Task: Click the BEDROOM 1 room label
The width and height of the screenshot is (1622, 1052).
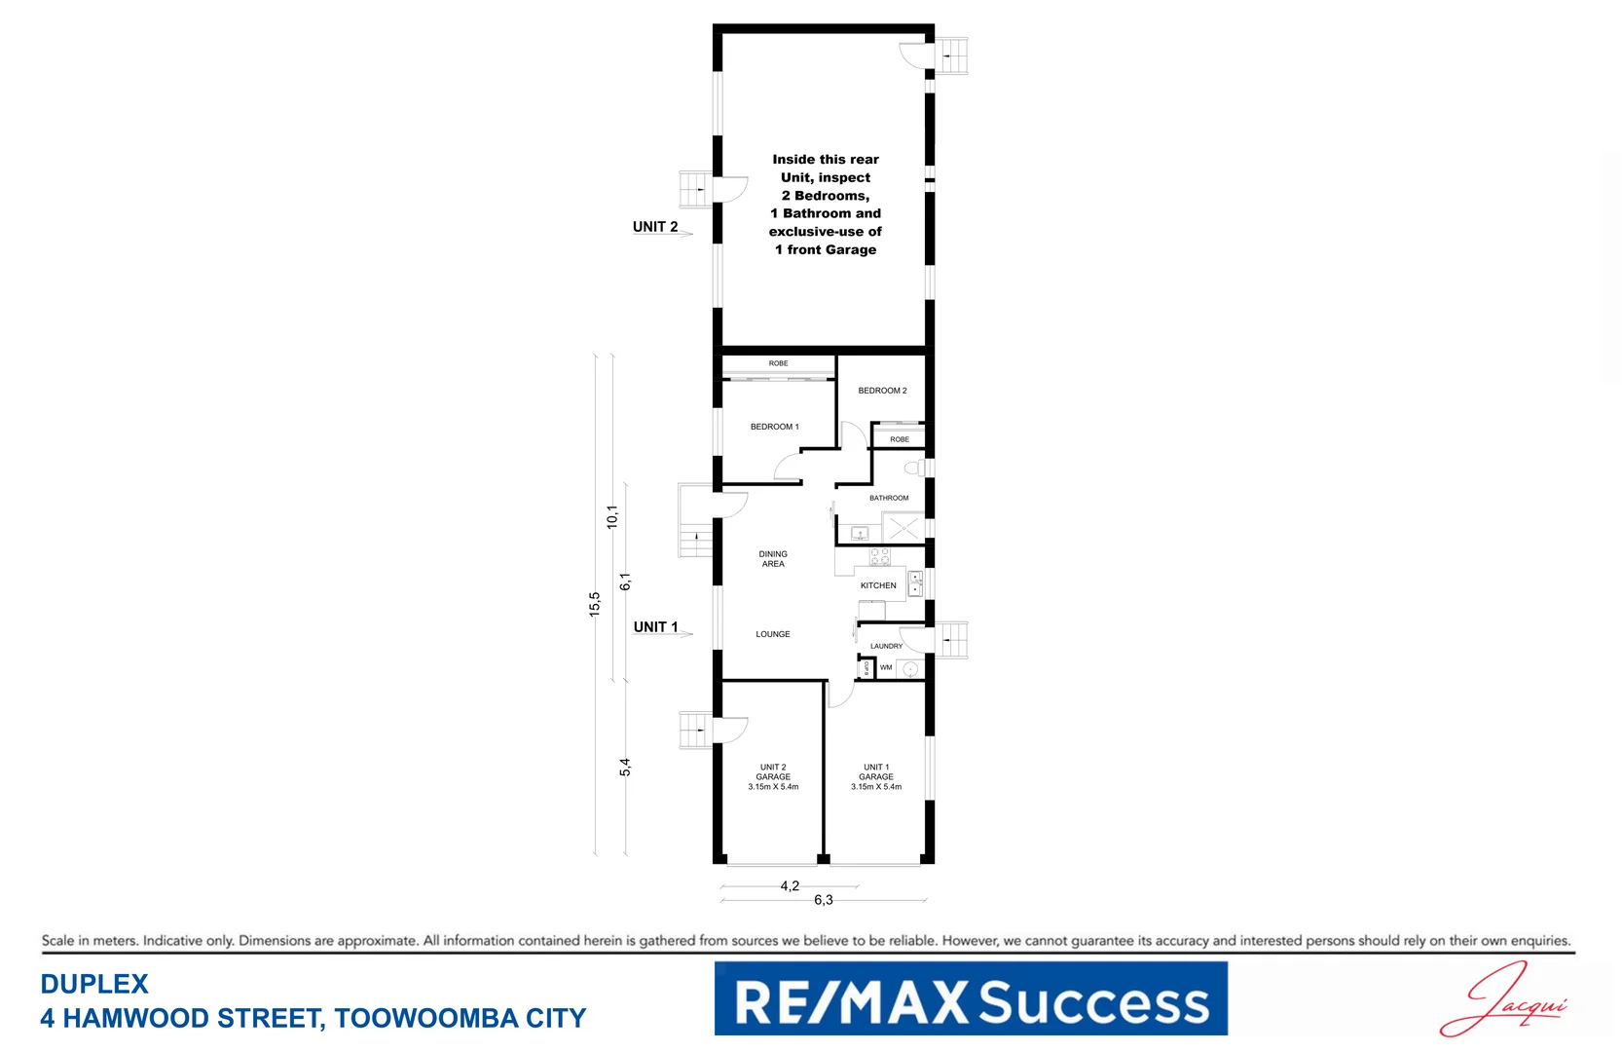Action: click(774, 427)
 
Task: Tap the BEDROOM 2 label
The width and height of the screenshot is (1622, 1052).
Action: click(882, 391)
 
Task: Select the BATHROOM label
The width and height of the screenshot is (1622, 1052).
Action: click(889, 498)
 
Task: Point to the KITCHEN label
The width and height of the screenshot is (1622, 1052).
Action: click(878, 585)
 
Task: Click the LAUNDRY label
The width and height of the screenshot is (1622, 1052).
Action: click(886, 646)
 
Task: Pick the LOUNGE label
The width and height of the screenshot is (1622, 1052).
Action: click(773, 634)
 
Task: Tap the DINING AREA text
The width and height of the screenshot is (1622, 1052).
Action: click(773, 559)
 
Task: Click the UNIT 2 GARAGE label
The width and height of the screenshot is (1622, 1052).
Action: click(773, 777)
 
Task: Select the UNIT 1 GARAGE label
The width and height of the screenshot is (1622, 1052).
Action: click(876, 777)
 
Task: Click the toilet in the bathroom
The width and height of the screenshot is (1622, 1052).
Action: click(915, 469)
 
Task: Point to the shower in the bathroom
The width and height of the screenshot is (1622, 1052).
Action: click(903, 529)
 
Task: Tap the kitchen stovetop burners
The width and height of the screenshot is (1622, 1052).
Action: click(879, 557)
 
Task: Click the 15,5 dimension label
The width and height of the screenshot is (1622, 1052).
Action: click(595, 604)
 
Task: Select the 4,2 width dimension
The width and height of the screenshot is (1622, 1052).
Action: click(790, 885)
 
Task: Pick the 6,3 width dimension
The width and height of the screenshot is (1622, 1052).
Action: click(824, 900)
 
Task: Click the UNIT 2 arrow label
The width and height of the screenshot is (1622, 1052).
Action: click(656, 227)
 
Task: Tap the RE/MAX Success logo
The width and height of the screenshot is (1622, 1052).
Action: click(971, 998)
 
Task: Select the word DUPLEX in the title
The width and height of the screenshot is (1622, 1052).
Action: click(94, 984)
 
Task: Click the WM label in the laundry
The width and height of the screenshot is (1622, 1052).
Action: click(886, 667)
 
